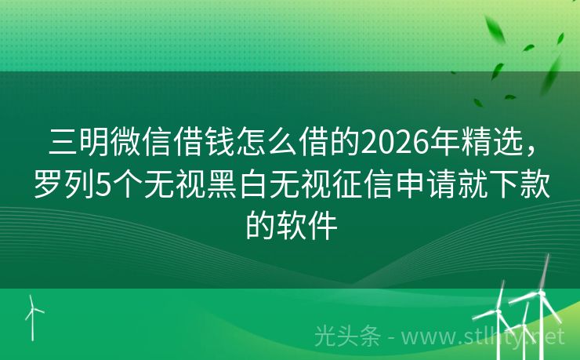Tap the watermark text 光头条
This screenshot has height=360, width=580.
pos(347,336)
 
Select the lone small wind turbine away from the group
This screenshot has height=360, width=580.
pos(33,314)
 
